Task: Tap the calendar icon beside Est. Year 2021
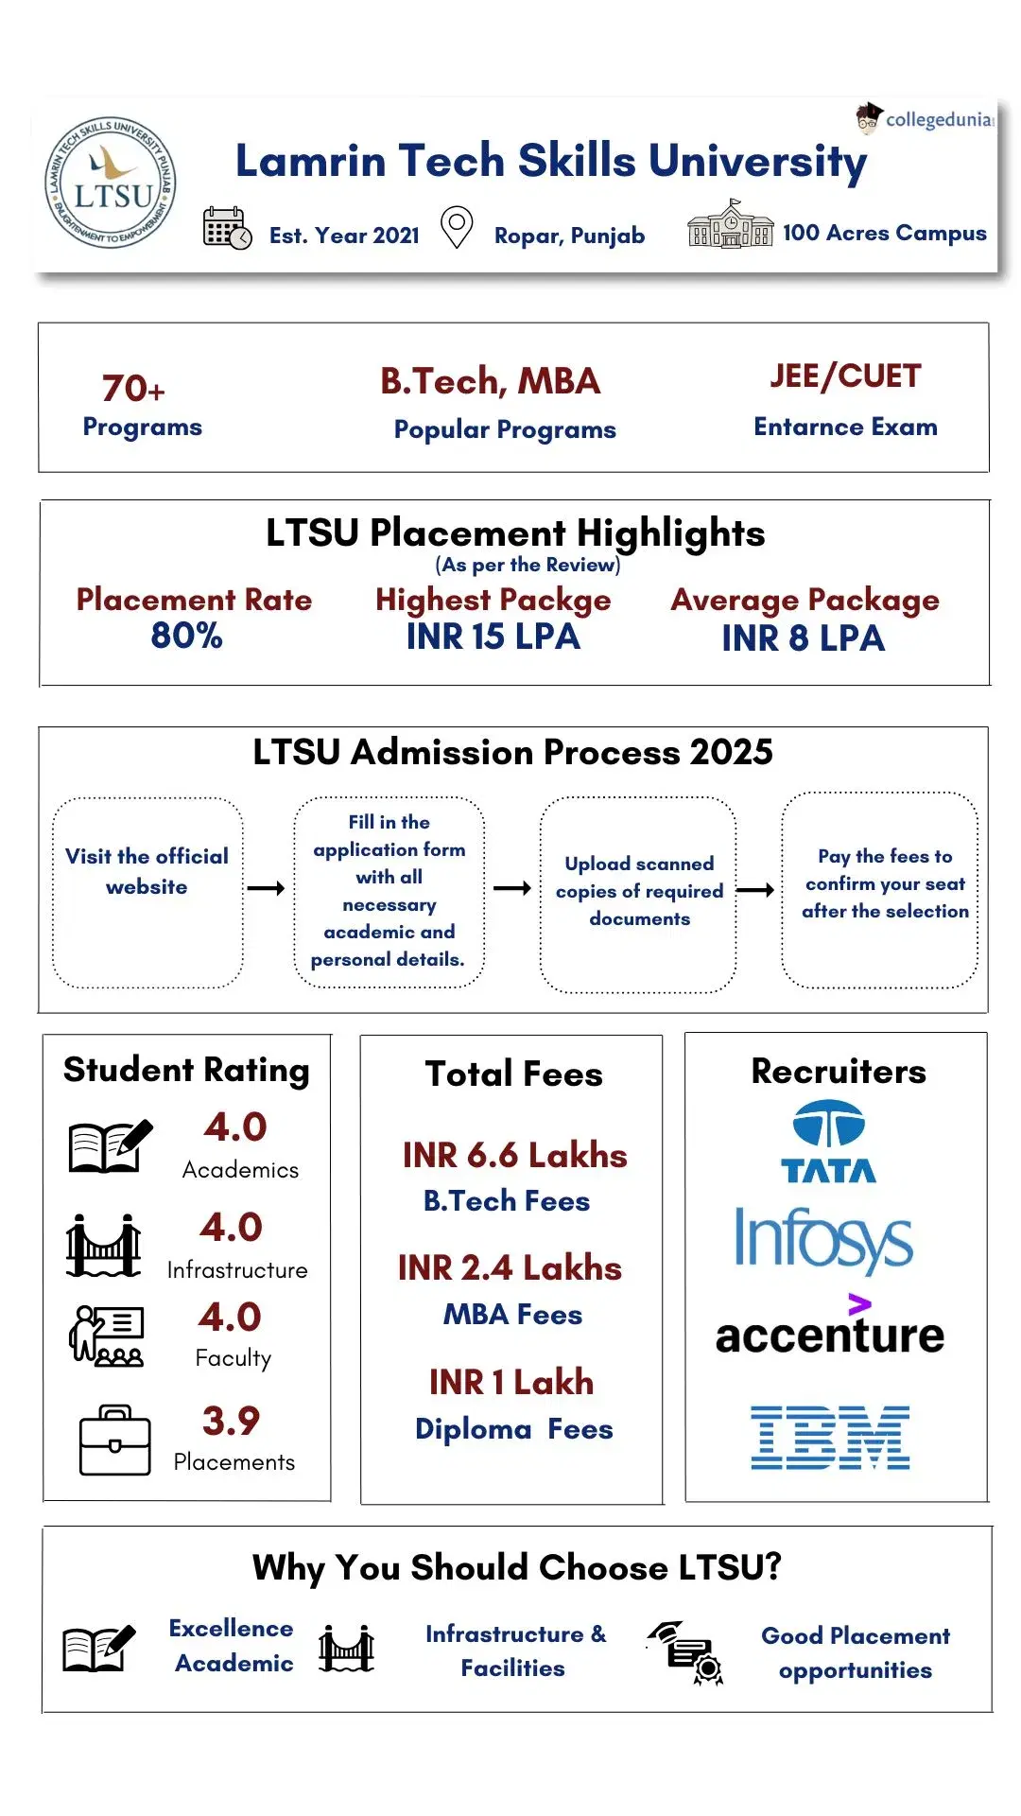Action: (227, 228)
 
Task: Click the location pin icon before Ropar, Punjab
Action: (457, 227)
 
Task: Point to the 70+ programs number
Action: (133, 388)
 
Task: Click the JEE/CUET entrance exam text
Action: (845, 376)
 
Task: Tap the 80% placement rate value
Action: (186, 636)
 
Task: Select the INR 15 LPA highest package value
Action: (493, 637)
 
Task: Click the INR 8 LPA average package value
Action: (803, 638)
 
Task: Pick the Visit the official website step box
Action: (147, 892)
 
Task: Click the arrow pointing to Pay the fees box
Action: (755, 889)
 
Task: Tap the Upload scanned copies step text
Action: (639, 891)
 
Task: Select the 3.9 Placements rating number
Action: (231, 1421)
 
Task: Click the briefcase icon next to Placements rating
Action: (114, 1441)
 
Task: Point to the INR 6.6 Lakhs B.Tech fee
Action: (514, 1155)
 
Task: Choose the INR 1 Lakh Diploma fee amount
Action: (511, 1382)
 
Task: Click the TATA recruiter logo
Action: (828, 1142)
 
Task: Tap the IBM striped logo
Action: (830, 1437)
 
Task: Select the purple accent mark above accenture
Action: (858, 1304)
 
